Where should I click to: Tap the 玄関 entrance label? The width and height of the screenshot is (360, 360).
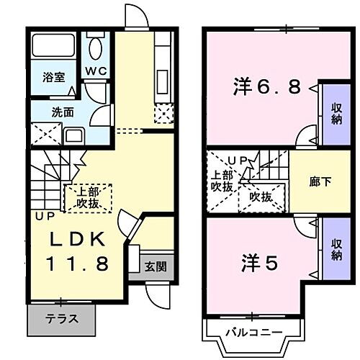pos(156,266)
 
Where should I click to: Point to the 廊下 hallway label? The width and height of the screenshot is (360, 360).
pos(320,181)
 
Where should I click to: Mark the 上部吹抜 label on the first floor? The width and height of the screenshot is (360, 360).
pos(89,198)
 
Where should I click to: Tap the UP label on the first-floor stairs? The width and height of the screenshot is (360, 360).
pos(39,215)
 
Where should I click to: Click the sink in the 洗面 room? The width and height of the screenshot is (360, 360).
pos(74,135)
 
